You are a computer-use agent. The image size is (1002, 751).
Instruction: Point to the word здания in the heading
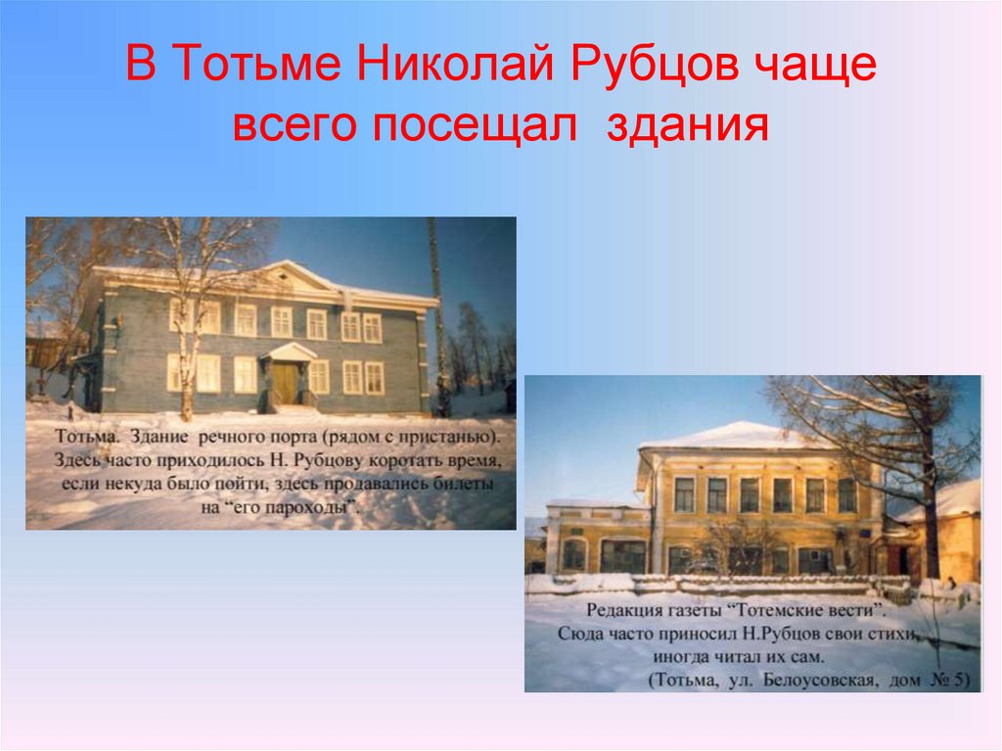(x=685, y=126)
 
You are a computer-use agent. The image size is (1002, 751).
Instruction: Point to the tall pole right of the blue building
(x=435, y=313)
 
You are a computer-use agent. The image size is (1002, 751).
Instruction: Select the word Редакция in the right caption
(x=617, y=610)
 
